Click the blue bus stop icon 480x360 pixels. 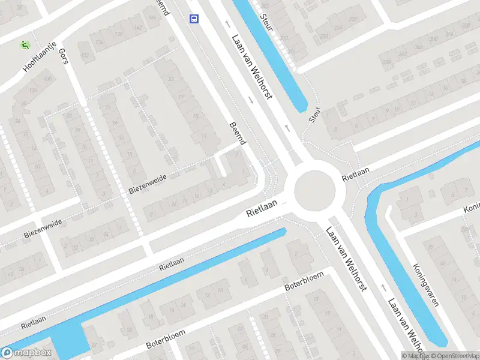pyautogui.click(x=194, y=19)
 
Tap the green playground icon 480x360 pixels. pyautogui.click(x=25, y=44)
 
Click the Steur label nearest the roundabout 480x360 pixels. pyautogui.click(x=314, y=115)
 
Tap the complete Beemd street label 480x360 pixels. pyautogui.click(x=238, y=133)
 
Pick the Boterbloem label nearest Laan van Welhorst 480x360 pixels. pyautogui.click(x=304, y=282)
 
